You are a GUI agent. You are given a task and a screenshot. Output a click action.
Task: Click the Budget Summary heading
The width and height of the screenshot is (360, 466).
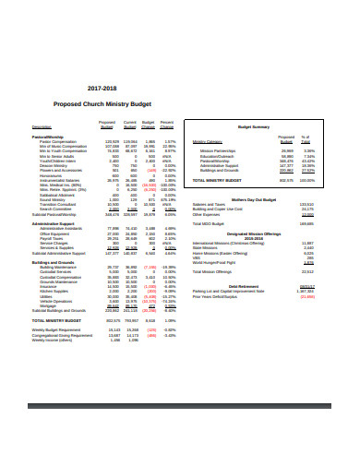tap(254, 126)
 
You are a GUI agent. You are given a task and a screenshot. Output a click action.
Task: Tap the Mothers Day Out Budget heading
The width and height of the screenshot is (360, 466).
tap(254, 198)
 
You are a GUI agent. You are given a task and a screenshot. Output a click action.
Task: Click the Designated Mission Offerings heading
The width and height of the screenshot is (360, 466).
tap(254, 233)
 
